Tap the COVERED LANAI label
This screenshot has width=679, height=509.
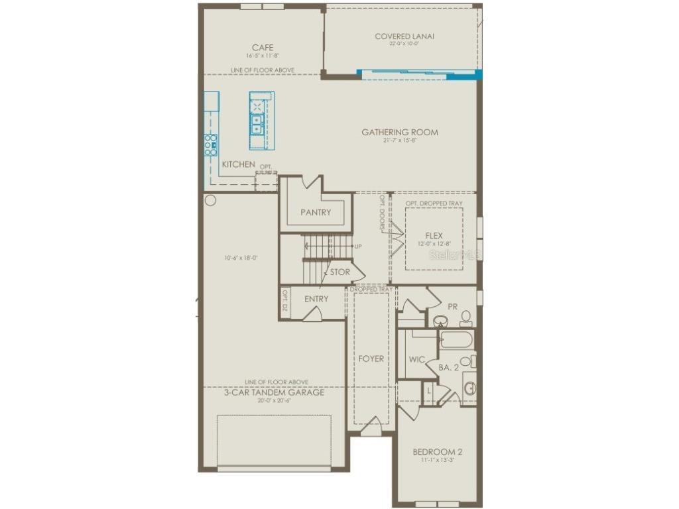(x=404, y=36)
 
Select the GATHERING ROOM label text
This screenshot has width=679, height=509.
(x=399, y=133)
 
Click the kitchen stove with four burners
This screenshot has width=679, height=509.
(x=210, y=144)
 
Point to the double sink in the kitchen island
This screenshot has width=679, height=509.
(x=257, y=122)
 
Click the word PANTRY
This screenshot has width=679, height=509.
(x=315, y=213)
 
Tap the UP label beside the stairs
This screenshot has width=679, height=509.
(x=358, y=247)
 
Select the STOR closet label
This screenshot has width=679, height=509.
(x=339, y=272)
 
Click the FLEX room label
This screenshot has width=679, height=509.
(x=434, y=236)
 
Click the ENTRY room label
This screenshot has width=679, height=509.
(x=316, y=299)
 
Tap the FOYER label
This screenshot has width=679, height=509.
(x=371, y=359)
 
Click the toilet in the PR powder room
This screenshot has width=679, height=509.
(x=465, y=318)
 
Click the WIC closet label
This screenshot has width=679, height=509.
(x=416, y=360)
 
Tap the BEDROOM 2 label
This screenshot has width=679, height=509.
(x=437, y=453)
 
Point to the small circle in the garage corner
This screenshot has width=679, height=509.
(x=211, y=200)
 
